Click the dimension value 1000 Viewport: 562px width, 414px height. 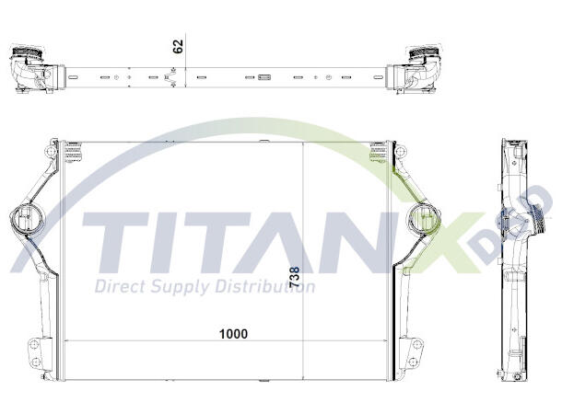[x=233, y=333]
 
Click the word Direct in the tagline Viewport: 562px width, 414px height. [x=122, y=286]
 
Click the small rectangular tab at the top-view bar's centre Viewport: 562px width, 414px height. [x=264, y=77]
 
